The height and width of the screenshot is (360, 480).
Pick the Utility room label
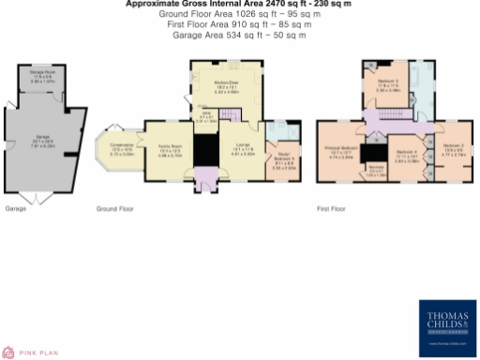[212, 117]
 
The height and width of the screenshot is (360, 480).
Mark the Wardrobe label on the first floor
[374, 172]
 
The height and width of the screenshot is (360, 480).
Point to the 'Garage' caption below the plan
[16, 207]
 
